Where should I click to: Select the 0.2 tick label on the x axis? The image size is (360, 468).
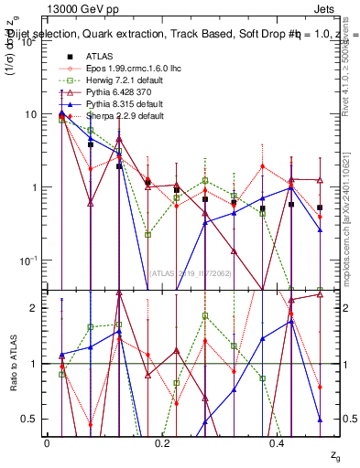162,442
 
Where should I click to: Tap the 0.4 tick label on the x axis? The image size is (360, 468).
278,442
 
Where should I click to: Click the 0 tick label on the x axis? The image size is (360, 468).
47,442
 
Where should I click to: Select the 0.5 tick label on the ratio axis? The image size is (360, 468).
30,419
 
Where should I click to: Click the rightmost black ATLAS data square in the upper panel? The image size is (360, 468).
320,207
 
